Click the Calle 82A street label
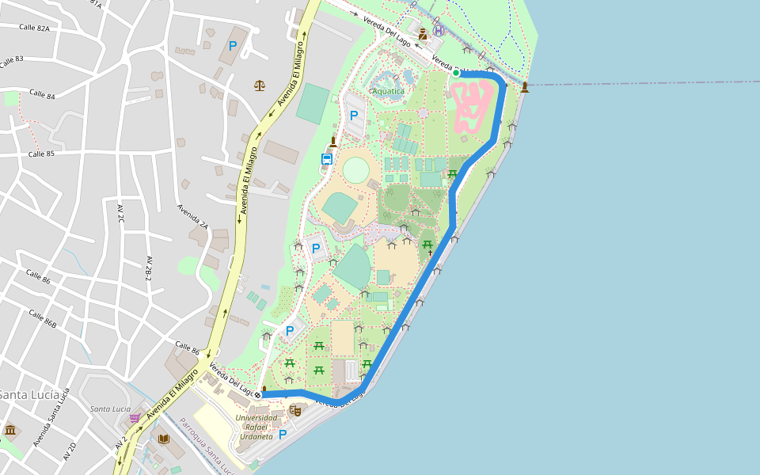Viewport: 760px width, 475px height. [34, 28]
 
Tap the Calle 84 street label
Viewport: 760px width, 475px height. [42, 94]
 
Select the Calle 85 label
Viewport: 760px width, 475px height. [41, 154]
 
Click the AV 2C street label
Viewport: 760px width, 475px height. [121, 218]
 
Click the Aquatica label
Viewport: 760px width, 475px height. [388, 91]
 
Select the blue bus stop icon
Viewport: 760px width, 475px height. [326, 159]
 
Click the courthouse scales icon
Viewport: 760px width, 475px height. [260, 85]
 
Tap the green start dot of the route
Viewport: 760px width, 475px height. [456, 74]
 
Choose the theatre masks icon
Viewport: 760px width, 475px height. [295, 410]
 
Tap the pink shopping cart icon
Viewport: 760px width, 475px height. [135, 417]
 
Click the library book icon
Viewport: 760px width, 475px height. [164, 439]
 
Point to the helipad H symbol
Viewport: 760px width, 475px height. [439, 30]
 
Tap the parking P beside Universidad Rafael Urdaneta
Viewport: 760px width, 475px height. [282, 434]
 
